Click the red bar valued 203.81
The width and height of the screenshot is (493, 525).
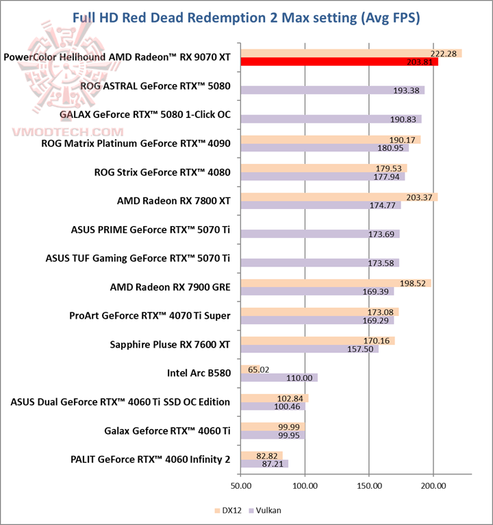339,62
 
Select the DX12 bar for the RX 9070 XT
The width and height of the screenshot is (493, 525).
351,53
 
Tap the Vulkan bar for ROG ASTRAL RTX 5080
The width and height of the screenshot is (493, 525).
332,90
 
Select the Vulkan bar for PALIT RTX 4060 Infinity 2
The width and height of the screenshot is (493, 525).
264,464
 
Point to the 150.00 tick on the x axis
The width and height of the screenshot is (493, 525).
369,486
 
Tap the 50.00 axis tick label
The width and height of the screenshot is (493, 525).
240,486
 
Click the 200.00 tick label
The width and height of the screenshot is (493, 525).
433,486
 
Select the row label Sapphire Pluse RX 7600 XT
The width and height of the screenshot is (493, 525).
170,344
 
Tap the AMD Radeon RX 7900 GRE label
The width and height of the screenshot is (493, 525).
170,287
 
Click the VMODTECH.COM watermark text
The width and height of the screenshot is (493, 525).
66,132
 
